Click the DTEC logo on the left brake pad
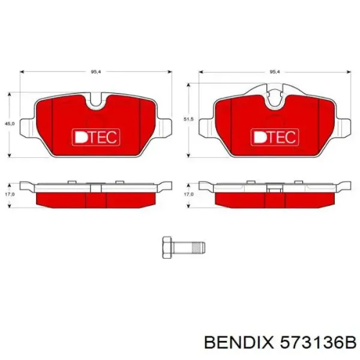coord(96,137)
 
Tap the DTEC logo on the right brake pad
coord(274,137)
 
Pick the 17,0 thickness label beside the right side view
coord(188,194)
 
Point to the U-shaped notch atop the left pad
coord(96,102)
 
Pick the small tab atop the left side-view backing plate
coord(71,181)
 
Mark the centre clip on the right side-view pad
coord(274,190)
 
